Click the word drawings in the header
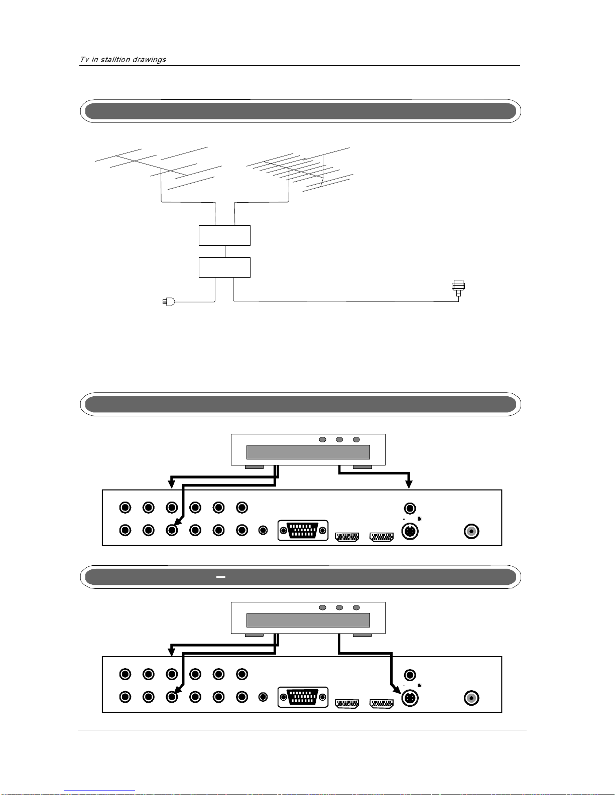149,60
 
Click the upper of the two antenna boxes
224,235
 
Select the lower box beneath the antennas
224,267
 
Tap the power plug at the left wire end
169,302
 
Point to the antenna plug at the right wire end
458,288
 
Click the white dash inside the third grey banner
221,577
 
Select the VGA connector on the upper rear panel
303,530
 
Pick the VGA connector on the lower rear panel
303,697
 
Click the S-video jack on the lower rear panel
410,698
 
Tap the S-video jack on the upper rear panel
410,532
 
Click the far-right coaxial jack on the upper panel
471,531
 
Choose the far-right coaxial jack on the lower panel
471,698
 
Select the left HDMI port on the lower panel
347,704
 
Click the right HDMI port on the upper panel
382,537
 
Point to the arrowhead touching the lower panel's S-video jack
397,689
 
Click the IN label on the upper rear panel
420,519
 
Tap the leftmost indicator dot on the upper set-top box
322,439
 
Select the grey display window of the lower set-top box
308,620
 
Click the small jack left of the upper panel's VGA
263,530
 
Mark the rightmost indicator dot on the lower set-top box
356,608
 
